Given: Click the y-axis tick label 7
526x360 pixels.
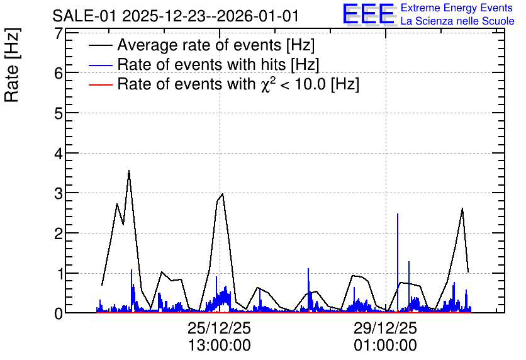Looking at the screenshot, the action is point(59,33).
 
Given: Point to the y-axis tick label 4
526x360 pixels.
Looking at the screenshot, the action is point(59,153).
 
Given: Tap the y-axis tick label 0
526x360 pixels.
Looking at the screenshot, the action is point(59,313).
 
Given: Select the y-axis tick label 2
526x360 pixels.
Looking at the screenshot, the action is point(59,233).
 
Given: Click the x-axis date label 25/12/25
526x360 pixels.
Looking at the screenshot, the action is point(219,328).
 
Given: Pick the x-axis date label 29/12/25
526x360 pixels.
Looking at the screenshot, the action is point(385,328).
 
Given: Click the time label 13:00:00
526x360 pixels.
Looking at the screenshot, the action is point(219,346).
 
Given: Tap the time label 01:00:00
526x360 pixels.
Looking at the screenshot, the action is point(385,346).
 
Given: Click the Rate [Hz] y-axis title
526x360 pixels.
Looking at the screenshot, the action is point(12,65).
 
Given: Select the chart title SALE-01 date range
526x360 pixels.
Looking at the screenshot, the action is point(176,16).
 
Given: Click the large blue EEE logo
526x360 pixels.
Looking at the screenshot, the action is point(369,14).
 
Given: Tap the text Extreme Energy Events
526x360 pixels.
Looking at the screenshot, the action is point(457,8).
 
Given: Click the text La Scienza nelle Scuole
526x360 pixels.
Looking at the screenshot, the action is point(457,21).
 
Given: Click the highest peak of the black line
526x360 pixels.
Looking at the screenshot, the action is point(129,171).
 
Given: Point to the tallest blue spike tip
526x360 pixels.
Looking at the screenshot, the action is point(398,214).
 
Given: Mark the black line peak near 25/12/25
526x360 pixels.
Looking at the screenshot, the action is point(222,194).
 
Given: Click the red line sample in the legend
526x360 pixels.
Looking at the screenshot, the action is point(101,85).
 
